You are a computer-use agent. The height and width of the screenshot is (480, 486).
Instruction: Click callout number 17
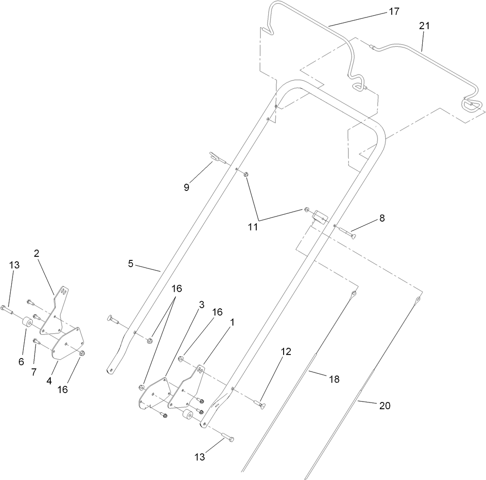coord(394,12)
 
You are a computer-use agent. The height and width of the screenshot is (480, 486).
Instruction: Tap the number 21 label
coord(424,26)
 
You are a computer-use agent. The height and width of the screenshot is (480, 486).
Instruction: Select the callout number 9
coord(186,187)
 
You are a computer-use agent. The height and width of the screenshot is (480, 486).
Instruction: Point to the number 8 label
coord(382,218)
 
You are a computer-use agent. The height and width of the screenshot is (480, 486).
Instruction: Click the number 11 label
coord(253,227)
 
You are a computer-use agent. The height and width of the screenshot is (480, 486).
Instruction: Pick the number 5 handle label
coord(131,264)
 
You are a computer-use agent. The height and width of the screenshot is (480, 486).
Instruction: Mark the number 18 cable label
coord(333,379)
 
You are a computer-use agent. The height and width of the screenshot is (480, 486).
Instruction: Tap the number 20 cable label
coord(385,406)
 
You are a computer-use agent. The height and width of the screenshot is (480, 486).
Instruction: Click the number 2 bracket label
coord(37,253)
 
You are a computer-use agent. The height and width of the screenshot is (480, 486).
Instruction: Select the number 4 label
coord(49,381)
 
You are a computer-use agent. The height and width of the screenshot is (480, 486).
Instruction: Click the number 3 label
coord(201,305)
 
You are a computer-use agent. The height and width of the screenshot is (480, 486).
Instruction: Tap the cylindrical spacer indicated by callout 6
coord(27,323)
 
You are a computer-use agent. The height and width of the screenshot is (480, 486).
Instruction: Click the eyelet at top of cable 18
coord(354,294)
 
